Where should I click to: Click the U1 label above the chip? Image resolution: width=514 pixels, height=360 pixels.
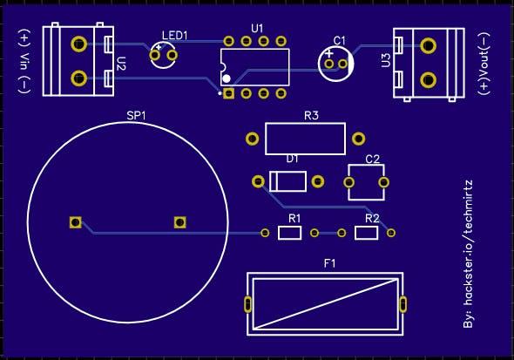click(x=257, y=29)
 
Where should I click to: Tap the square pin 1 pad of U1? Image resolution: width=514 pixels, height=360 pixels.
click(x=228, y=94)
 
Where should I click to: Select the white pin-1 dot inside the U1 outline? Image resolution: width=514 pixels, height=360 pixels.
click(x=227, y=78)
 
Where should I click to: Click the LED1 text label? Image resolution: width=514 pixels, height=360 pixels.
click(x=175, y=36)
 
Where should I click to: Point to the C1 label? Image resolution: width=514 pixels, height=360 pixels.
click(x=339, y=41)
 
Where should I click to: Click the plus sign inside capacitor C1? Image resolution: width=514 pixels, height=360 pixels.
click(x=329, y=53)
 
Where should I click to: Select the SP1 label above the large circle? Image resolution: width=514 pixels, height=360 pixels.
click(x=136, y=115)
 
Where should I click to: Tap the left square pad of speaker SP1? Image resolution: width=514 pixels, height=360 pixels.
click(x=76, y=222)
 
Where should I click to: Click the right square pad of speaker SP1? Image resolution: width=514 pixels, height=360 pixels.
click(x=179, y=222)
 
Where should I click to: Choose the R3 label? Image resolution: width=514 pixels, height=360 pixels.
click(x=311, y=115)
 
